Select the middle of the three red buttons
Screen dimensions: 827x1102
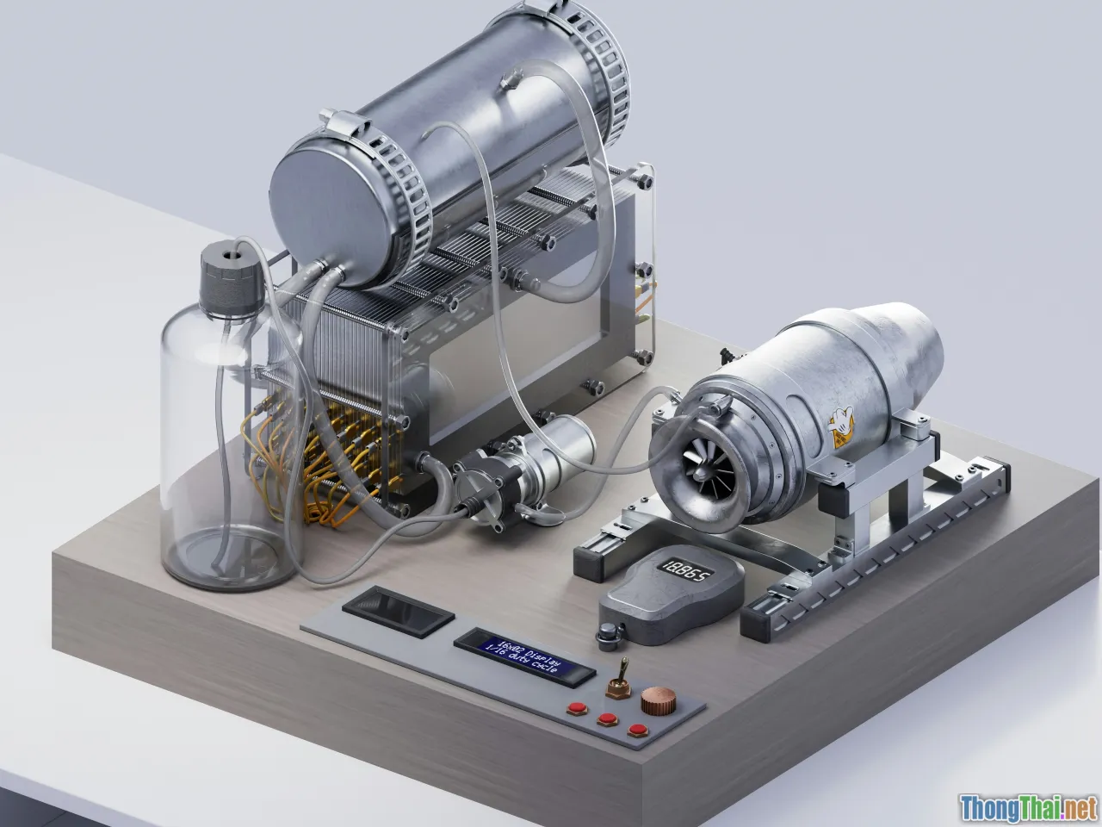pos(609,719)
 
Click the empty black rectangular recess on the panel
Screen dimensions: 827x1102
pos(397,611)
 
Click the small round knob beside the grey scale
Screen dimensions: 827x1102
pos(610,635)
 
